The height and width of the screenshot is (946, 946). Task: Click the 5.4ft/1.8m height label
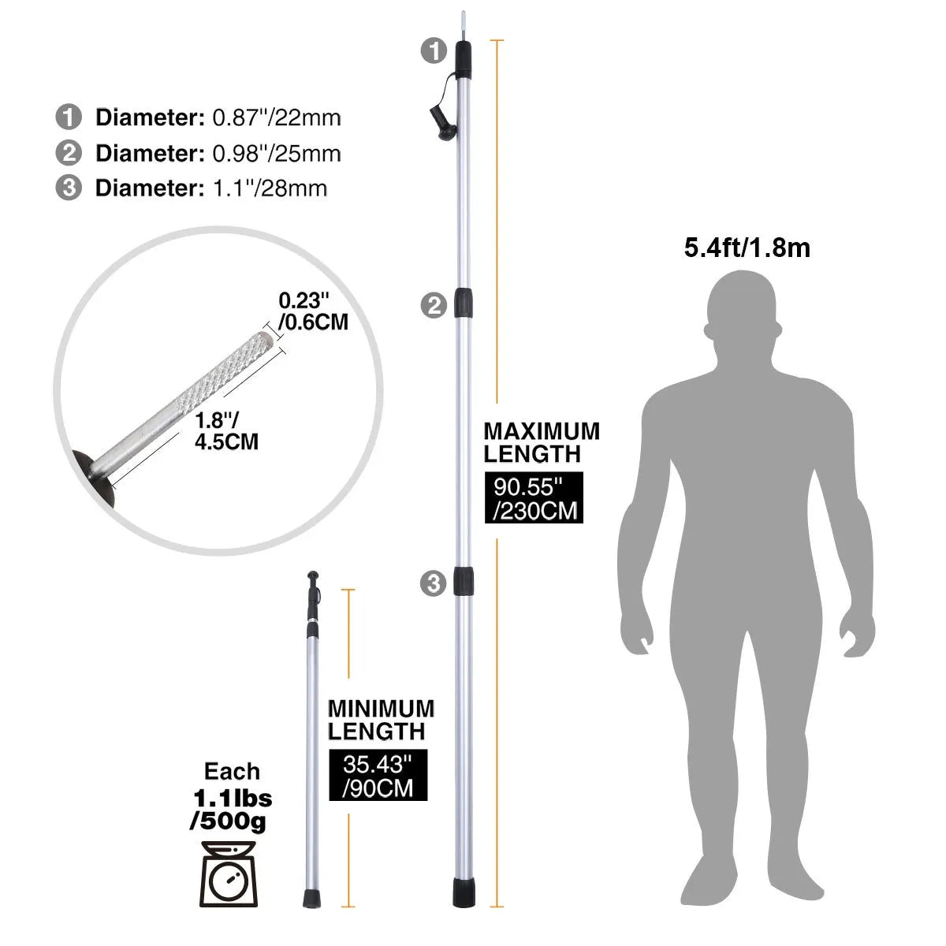click(x=747, y=248)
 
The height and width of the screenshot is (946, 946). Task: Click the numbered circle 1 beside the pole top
click(x=434, y=51)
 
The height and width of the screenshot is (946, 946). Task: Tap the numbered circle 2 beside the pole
click(x=434, y=305)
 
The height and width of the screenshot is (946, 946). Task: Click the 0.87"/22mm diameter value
click(x=277, y=118)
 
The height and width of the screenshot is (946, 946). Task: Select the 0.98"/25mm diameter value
click(x=277, y=153)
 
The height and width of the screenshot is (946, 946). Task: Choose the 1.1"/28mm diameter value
click(x=270, y=188)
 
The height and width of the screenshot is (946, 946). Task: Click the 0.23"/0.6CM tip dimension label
click(x=313, y=311)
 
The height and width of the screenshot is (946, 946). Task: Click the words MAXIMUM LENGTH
click(x=542, y=442)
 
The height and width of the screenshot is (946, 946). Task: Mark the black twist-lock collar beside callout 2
click(x=464, y=305)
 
